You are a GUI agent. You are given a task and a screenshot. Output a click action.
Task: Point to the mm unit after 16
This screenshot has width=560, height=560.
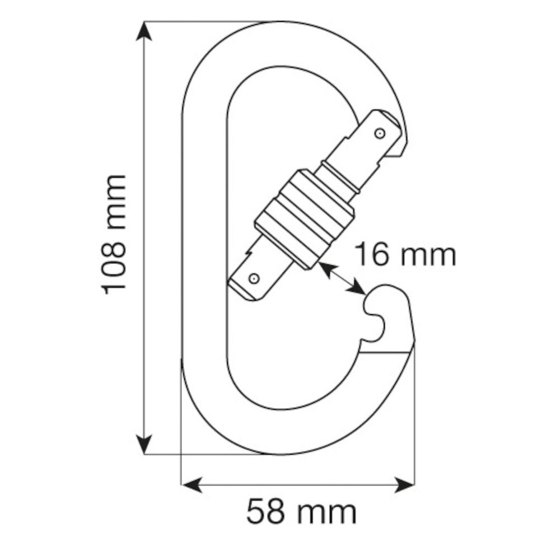[x=430, y=255]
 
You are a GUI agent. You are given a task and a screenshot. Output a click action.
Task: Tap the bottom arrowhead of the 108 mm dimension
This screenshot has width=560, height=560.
[x=145, y=445]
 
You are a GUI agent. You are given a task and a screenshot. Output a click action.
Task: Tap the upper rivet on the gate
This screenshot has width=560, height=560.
[x=379, y=133]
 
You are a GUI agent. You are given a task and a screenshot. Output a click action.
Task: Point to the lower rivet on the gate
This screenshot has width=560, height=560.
[x=253, y=278]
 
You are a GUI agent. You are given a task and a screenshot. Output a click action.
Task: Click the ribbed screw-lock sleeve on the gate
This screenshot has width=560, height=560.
[x=305, y=218]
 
